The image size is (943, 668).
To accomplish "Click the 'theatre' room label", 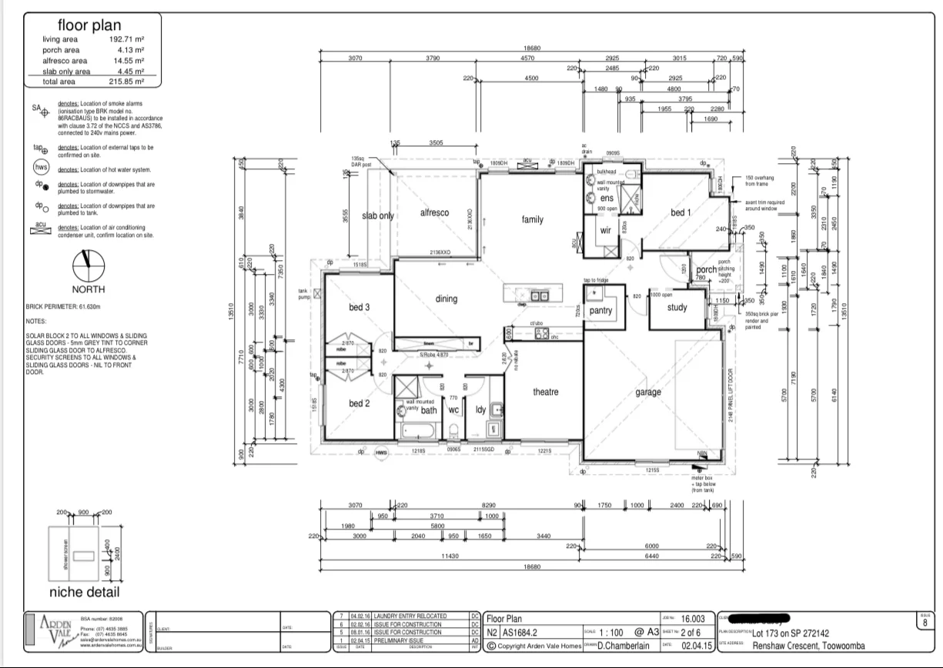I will [x=546, y=392].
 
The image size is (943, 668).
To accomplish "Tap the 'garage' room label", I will [x=648, y=392].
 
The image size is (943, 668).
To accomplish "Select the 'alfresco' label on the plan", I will [x=434, y=212].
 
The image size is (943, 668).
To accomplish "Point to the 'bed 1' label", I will [x=680, y=212].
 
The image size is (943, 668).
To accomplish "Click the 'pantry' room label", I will [x=600, y=311].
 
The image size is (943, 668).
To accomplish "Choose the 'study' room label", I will [x=677, y=308].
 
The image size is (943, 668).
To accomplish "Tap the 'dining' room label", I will [x=446, y=299].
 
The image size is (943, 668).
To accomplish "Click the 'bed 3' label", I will [x=359, y=307].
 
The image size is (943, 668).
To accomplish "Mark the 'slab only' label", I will [x=378, y=215].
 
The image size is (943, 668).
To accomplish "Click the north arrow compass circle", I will [x=88, y=266].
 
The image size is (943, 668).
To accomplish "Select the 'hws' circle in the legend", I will [x=41, y=169].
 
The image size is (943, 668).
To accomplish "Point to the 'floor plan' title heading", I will [x=89, y=26].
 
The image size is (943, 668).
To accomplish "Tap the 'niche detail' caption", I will [x=84, y=592].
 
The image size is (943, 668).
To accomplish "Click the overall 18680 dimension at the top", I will [x=532, y=48].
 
